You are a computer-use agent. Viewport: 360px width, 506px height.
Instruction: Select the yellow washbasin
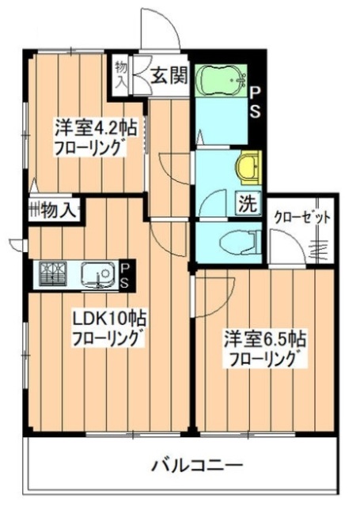(x=248, y=167)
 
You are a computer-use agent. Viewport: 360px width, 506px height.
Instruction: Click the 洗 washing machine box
(x=248, y=203)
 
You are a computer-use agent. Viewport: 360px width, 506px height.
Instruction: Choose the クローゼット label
(x=302, y=217)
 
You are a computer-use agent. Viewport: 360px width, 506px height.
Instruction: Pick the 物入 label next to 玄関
(x=121, y=74)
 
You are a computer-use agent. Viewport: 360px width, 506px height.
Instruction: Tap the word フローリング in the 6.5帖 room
(x=266, y=361)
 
